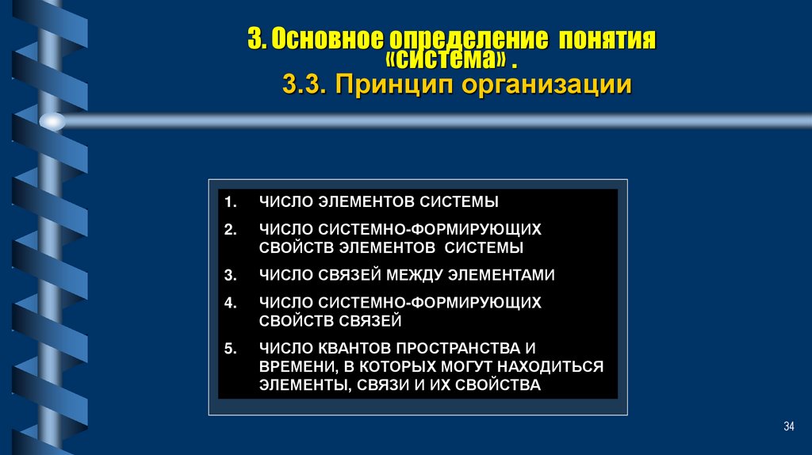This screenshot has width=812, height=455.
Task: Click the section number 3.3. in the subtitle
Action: (304, 85)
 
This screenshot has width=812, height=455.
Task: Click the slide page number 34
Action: (788, 427)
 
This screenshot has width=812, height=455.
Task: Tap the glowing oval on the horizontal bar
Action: (52, 121)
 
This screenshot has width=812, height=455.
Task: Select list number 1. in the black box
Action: (231, 202)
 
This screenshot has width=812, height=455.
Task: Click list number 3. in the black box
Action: (231, 276)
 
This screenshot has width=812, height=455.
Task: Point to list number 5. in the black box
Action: (231, 349)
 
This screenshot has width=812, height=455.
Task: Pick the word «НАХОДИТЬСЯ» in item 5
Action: (555, 367)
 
